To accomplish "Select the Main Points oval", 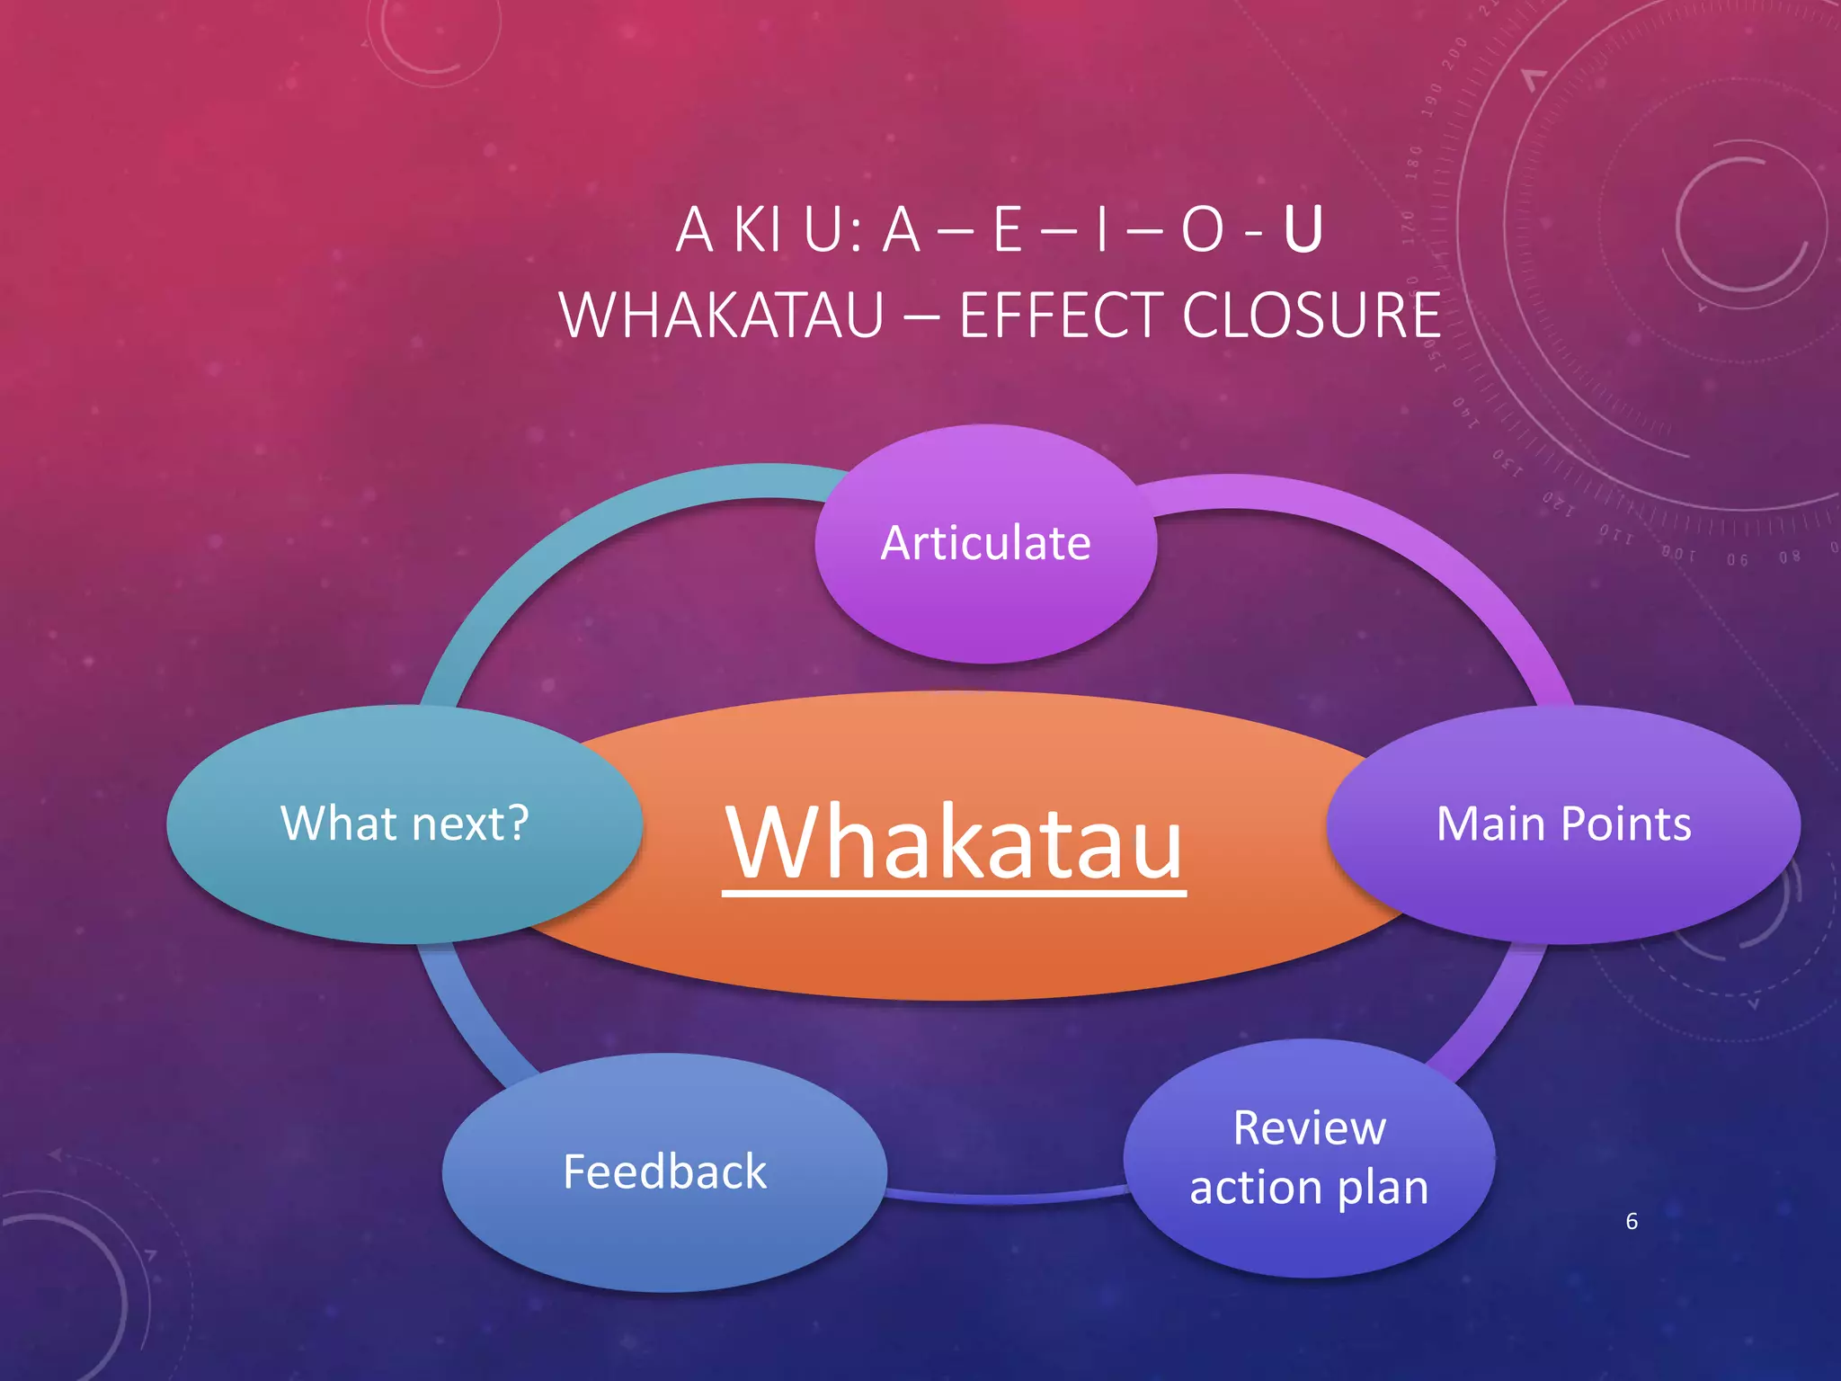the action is (x=1563, y=824).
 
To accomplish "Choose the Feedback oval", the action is (x=664, y=1172).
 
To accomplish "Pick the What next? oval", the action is (x=405, y=824).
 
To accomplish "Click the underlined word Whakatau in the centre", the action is (x=954, y=843).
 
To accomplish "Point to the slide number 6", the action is (x=1632, y=1221).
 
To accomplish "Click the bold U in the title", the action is (x=1303, y=230).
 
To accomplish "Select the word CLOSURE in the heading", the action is (x=1312, y=316).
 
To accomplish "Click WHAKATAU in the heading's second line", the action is (x=722, y=316).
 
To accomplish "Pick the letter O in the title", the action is (x=1202, y=230).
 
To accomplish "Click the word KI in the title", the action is (x=758, y=230).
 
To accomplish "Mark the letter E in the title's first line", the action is (x=1008, y=230).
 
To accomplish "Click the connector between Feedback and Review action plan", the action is (x=1007, y=1197).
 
